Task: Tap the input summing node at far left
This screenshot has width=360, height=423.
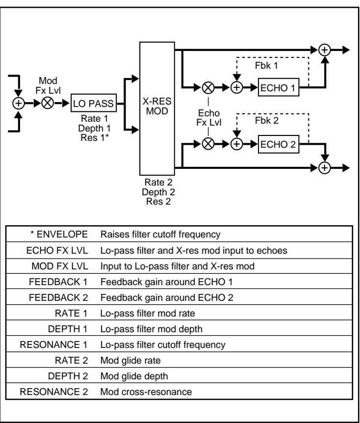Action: [x=19, y=103]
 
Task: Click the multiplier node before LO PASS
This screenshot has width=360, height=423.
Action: [x=48, y=103]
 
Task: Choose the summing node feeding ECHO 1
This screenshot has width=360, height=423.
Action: [x=237, y=88]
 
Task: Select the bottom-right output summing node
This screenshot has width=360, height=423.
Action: [x=324, y=167]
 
